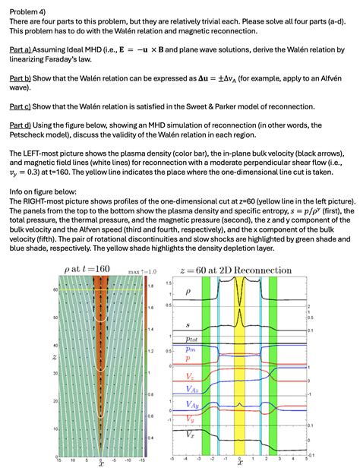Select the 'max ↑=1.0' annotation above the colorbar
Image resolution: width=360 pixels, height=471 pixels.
click(x=142, y=270)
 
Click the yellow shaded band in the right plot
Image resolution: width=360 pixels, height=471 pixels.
click(x=239, y=365)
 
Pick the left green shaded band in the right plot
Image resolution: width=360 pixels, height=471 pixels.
click(x=205, y=365)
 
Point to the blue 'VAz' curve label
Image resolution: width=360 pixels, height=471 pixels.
click(x=192, y=389)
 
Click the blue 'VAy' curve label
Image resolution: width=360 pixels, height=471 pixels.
click(x=192, y=407)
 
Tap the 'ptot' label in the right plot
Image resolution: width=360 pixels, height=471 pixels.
click(x=192, y=338)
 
